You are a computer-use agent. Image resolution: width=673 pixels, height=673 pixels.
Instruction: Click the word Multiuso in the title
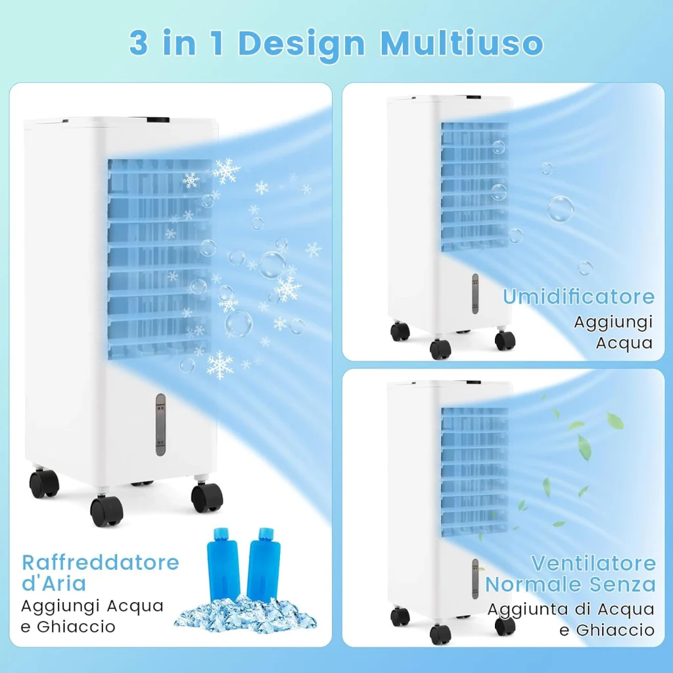[x=462, y=43]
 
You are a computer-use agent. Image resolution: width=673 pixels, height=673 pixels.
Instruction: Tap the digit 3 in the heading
[x=139, y=43]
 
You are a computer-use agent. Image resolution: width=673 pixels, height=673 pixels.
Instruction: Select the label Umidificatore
[x=578, y=296]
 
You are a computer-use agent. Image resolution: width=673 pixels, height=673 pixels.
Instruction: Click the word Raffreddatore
[x=101, y=563]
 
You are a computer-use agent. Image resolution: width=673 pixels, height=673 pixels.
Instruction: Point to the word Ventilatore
[x=593, y=563]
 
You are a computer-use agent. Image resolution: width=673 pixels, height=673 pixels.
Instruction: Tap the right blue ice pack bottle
[x=264, y=565]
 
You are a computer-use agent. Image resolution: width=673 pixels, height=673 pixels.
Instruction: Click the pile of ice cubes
[x=245, y=615]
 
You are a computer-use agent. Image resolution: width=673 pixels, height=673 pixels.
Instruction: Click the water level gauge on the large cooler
[x=160, y=424]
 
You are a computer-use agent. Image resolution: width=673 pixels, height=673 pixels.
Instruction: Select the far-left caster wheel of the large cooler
[x=44, y=483]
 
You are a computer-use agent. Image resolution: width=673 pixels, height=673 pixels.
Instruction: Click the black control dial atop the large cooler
[x=158, y=120]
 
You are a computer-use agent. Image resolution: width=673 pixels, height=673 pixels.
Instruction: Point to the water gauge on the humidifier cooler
[x=475, y=294]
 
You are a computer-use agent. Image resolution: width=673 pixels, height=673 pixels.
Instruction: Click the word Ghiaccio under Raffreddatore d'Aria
[x=76, y=626]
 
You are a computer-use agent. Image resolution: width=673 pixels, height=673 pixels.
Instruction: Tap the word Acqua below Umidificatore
[x=624, y=343]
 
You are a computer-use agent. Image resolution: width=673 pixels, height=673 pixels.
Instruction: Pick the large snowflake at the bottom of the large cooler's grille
[x=220, y=365]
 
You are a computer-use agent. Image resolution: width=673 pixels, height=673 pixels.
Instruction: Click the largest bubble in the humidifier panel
[x=561, y=209]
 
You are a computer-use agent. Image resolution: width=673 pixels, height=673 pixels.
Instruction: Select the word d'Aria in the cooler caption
[x=54, y=584]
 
